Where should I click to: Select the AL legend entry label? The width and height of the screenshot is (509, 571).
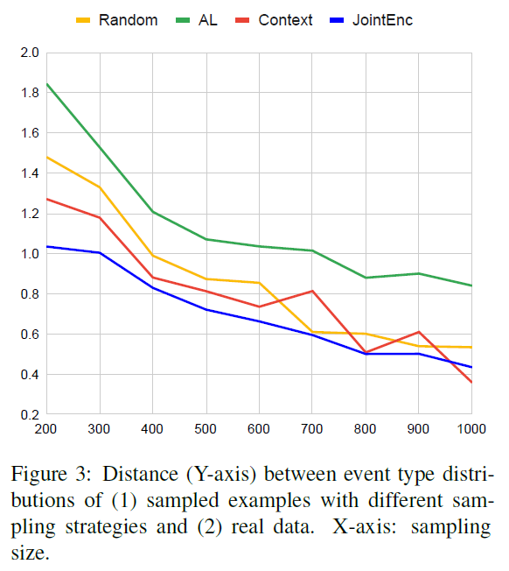pyautogui.click(x=207, y=19)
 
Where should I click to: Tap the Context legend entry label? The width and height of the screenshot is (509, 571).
pyautogui.click(x=285, y=19)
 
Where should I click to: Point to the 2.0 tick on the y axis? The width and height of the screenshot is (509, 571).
pyautogui.click(x=30, y=53)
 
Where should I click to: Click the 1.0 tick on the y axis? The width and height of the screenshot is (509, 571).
pyautogui.click(x=30, y=254)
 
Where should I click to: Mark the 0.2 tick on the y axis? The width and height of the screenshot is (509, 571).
pyautogui.click(x=30, y=415)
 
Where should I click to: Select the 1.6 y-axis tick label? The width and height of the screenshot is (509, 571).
pyautogui.click(x=30, y=133)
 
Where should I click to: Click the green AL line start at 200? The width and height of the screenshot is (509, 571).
pyautogui.click(x=46, y=84)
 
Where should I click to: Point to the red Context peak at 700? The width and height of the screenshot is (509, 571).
pyautogui.click(x=312, y=291)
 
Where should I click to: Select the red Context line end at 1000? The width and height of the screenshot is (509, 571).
pyautogui.click(x=471, y=382)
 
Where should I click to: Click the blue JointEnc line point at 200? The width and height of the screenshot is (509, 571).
pyautogui.click(x=46, y=246)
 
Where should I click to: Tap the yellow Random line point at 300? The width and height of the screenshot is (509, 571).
pyautogui.click(x=100, y=187)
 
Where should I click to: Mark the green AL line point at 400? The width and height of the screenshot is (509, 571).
pyautogui.click(x=153, y=212)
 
